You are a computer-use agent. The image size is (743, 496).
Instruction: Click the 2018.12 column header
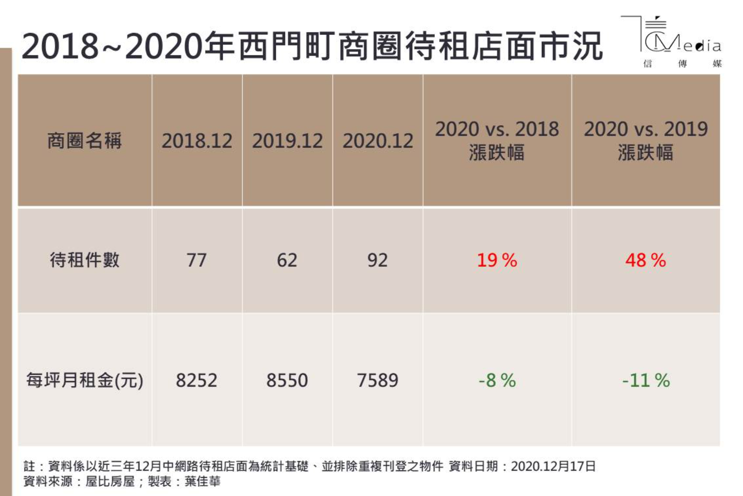(x=197, y=141)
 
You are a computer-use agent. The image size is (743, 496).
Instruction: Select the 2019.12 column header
(x=287, y=141)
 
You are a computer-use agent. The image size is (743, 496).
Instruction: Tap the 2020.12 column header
(x=378, y=141)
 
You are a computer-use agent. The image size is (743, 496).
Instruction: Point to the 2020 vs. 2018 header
(x=497, y=140)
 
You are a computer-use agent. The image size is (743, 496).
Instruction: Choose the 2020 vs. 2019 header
(x=646, y=140)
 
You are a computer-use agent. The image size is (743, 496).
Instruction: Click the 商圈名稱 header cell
(x=85, y=141)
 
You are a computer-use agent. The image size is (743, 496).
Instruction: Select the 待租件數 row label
(x=85, y=260)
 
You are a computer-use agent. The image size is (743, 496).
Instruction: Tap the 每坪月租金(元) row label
(x=85, y=380)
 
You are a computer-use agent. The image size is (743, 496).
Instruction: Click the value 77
(x=197, y=260)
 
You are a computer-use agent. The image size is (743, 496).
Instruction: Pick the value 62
(x=287, y=260)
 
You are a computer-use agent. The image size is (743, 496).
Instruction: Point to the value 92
(x=377, y=260)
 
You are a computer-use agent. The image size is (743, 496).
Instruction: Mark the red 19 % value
(x=497, y=260)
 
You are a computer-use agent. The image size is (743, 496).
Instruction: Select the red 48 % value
(x=645, y=260)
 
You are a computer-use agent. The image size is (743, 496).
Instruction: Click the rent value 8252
(x=196, y=380)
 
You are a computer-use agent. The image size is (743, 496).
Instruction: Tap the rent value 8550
(x=287, y=380)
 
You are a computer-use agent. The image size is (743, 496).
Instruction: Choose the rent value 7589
(x=377, y=380)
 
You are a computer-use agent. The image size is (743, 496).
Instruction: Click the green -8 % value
(x=497, y=380)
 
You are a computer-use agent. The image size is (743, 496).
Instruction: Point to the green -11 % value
(x=646, y=380)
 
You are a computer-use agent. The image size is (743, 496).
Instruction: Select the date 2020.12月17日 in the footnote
(x=553, y=466)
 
